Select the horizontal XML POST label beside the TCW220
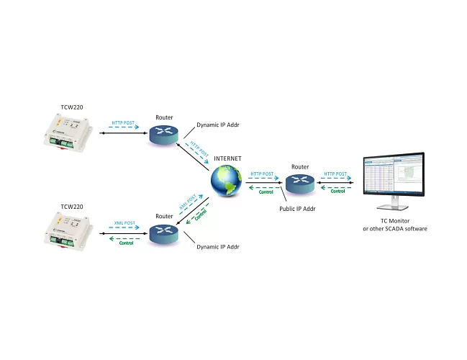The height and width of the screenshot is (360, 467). point(125,223)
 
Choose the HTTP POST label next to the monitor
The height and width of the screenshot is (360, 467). point(337,174)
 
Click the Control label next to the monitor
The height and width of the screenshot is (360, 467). point(337,191)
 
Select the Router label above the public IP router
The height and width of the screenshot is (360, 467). point(300,166)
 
